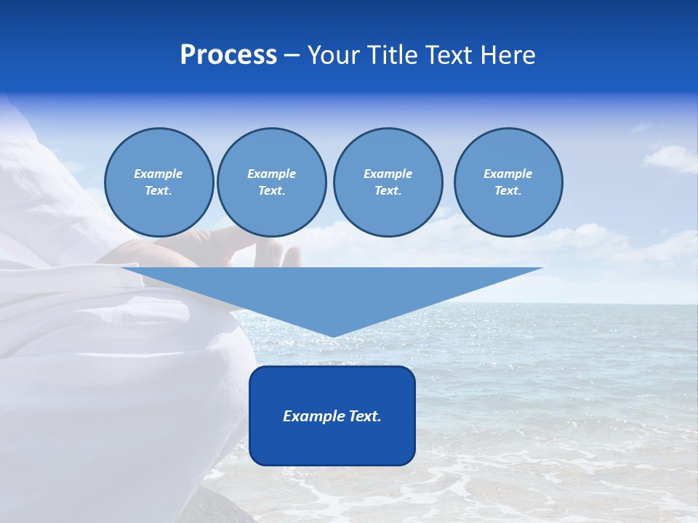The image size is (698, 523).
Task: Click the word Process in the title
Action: pos(228,55)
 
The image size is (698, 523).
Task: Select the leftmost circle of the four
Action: pos(159,182)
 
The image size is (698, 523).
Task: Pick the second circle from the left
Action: pos(271,182)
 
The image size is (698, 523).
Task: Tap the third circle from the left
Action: pos(388,182)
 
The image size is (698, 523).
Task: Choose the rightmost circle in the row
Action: pos(508,182)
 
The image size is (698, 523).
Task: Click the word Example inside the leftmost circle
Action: pos(159,174)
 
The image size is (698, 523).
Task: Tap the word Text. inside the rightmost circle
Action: pos(508,191)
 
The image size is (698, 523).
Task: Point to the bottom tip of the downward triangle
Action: pos(333,336)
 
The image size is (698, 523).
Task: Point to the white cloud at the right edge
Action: pos(673,158)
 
